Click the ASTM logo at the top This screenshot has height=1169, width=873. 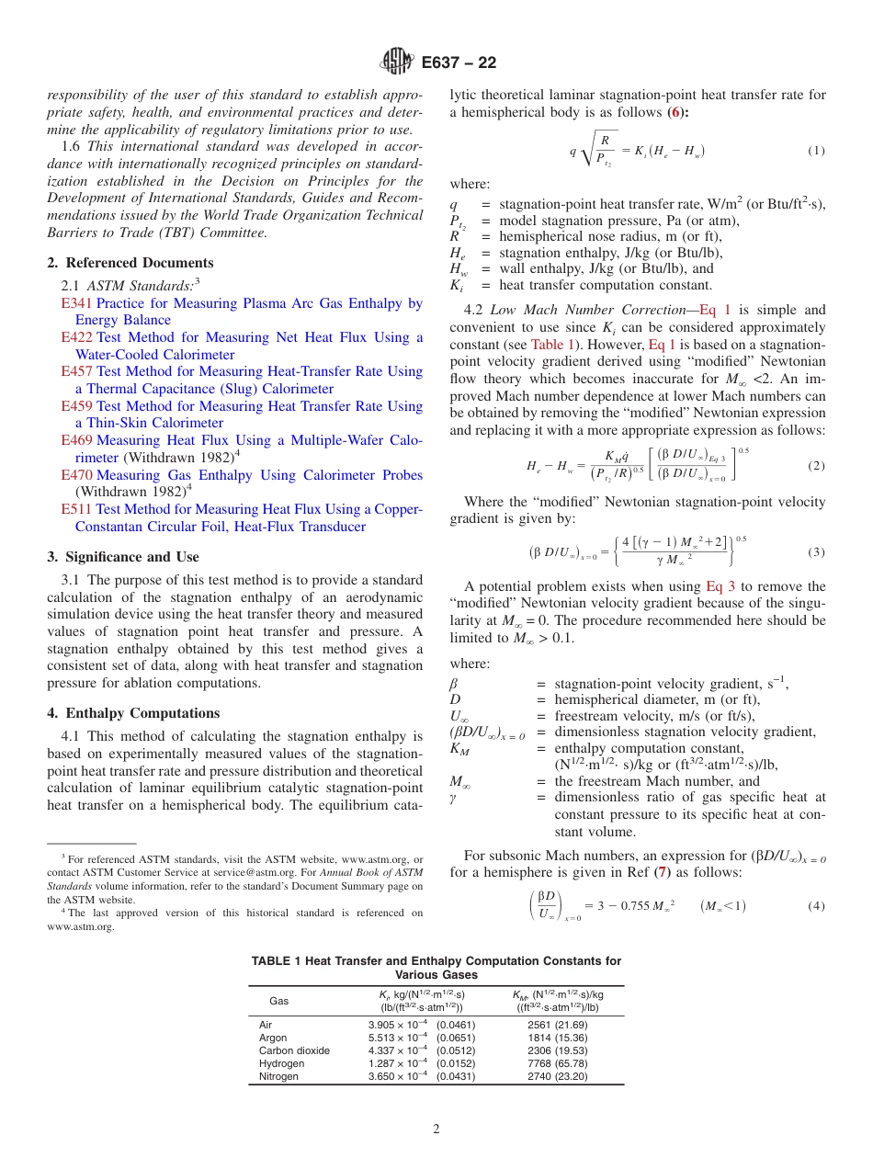[x=397, y=62]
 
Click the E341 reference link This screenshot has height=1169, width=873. [x=76, y=303]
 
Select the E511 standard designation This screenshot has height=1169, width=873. [x=76, y=509]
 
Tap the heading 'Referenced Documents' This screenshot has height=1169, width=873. [x=130, y=263]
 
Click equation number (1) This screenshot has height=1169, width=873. [x=815, y=151]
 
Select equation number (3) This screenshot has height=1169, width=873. [x=815, y=552]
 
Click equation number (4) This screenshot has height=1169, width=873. [x=815, y=906]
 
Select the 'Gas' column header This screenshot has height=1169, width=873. [x=278, y=1000]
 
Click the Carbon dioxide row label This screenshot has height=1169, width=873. [x=293, y=1050]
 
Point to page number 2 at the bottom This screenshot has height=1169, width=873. [x=436, y=1128]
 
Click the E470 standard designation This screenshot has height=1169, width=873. [x=76, y=475]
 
